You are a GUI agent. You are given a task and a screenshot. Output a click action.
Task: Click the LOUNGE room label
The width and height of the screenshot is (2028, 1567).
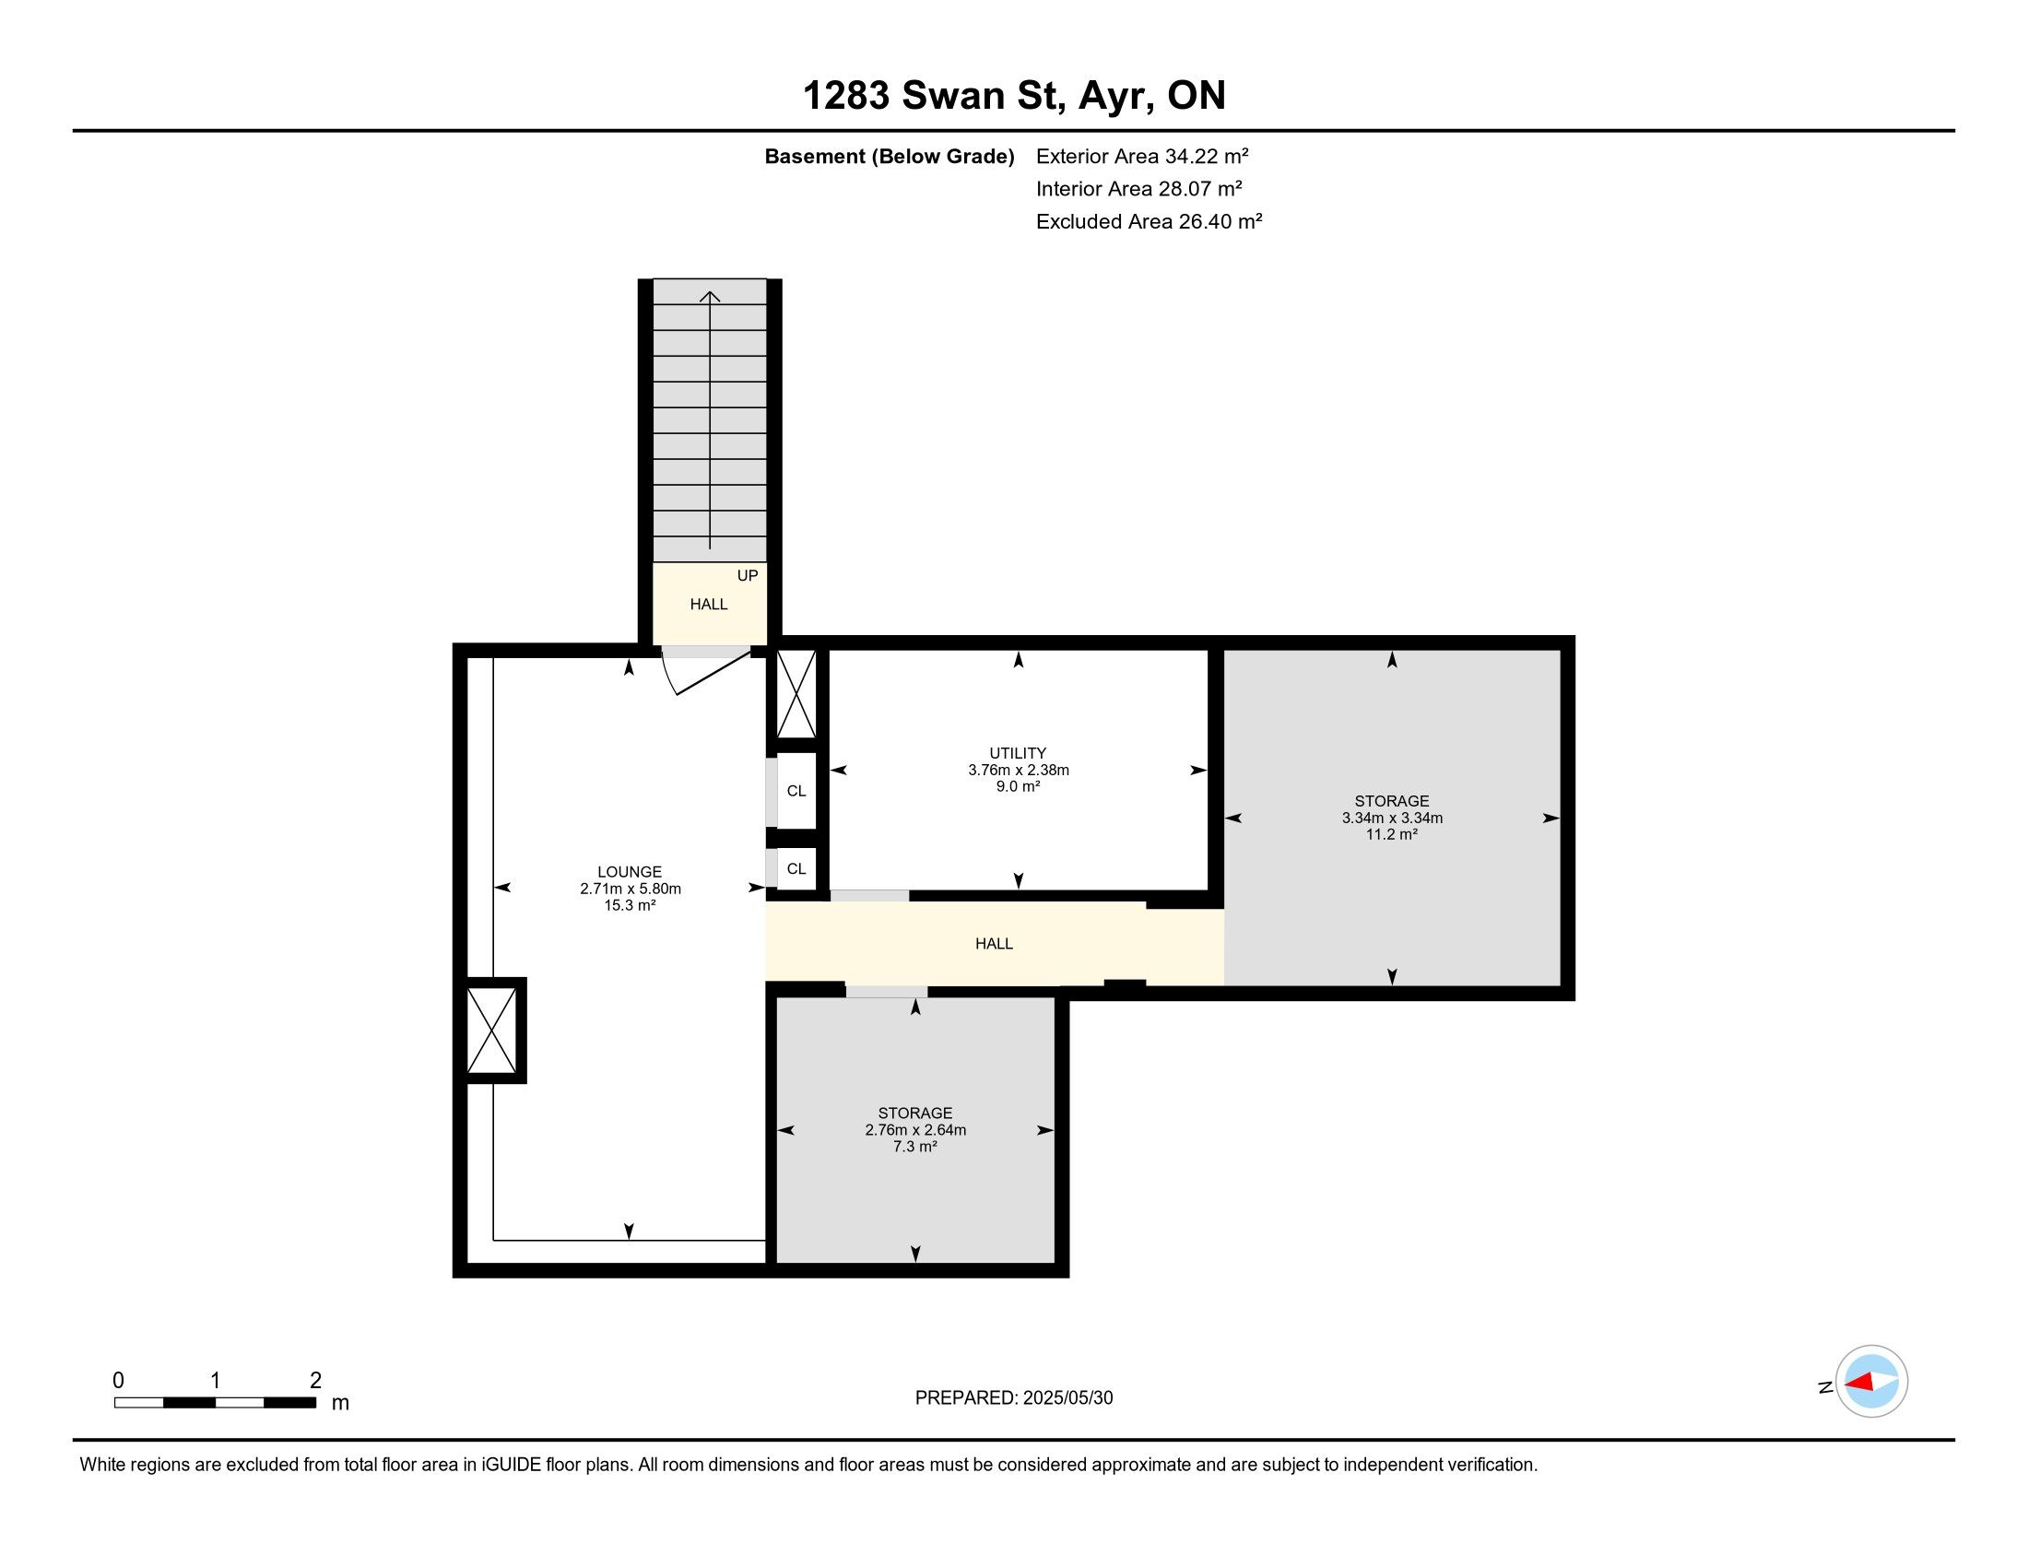(630, 872)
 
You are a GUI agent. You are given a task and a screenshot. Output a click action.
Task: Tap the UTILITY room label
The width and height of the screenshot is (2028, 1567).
(1018, 753)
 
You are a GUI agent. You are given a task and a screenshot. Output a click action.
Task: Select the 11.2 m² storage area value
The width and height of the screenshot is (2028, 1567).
(1391, 834)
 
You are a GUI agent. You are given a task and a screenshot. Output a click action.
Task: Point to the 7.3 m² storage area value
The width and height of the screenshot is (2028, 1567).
(914, 1147)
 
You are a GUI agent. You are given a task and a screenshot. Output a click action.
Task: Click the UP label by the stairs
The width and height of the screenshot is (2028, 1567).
(748, 575)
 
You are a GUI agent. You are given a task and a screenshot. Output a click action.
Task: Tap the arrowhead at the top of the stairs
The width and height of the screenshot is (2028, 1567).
(711, 296)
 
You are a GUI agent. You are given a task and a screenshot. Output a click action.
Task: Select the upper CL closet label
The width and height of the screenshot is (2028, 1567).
(796, 791)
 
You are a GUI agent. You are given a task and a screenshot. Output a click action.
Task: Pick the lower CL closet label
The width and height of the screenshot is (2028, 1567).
(796, 869)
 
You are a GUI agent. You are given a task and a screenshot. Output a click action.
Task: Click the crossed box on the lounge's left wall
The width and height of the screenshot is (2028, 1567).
(491, 1031)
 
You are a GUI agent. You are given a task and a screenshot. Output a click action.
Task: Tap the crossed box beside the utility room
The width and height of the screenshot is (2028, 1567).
(796, 693)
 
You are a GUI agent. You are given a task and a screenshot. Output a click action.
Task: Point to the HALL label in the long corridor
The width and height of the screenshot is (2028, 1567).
(994, 943)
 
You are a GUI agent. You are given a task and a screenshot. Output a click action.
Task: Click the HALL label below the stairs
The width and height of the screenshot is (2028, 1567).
(709, 605)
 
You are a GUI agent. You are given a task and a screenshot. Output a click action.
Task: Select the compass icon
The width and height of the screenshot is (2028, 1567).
(1871, 1382)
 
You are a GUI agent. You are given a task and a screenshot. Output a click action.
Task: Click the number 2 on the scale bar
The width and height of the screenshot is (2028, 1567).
(315, 1380)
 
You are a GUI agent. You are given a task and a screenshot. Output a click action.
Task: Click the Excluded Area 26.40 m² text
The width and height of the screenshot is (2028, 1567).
(1149, 221)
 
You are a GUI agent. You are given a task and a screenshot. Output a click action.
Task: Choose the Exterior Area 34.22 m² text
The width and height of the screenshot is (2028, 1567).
(1142, 156)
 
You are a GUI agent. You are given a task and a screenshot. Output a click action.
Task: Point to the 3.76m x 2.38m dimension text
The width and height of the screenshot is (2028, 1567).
(1018, 770)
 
